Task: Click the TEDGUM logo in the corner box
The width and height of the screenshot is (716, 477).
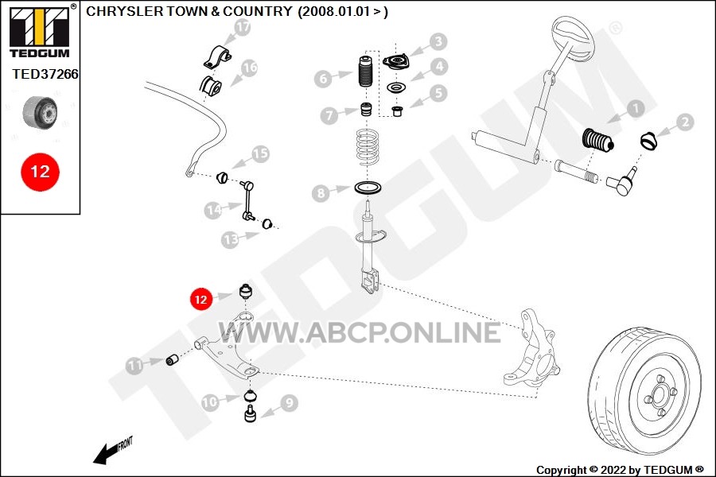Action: point(40,32)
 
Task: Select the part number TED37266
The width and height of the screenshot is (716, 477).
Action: point(45,74)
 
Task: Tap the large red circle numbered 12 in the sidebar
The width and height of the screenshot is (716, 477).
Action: point(41,172)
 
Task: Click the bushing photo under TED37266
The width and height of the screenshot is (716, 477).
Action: point(41,113)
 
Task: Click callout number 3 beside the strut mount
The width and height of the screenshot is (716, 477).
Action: point(438,41)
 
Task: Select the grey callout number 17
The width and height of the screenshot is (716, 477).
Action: point(243,27)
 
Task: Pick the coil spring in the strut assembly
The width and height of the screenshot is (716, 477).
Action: point(368,147)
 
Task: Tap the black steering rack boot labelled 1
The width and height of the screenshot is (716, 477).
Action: point(597,141)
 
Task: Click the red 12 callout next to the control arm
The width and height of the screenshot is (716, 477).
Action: point(201,300)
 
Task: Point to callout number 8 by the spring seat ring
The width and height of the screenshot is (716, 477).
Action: point(321,193)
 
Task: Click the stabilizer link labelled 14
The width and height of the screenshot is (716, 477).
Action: point(247,201)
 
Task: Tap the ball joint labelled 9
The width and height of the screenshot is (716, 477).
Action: point(251,413)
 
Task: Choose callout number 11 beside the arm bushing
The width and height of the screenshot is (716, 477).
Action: point(134,365)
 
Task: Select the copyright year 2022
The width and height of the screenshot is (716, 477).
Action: point(613,470)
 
